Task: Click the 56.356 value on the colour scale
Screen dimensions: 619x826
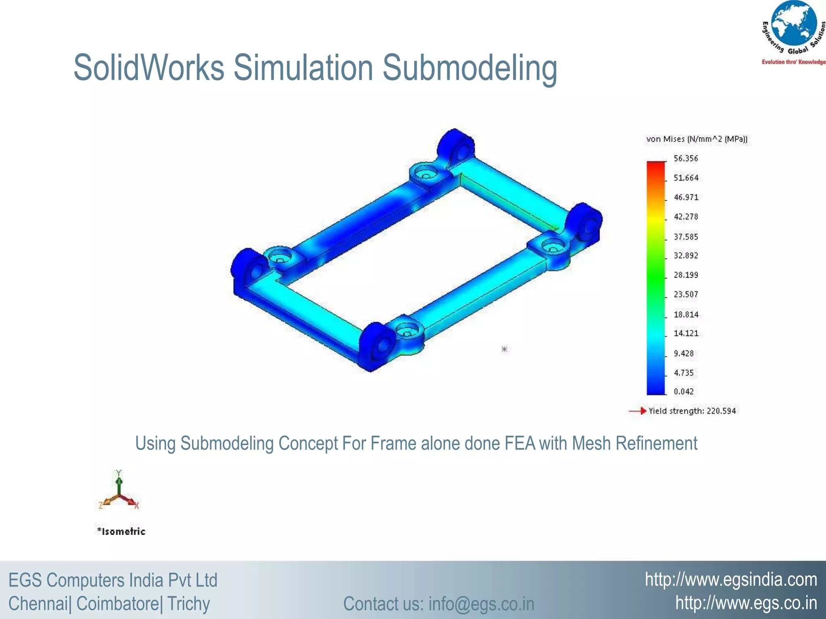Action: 686,158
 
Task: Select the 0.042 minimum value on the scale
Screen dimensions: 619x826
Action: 684,391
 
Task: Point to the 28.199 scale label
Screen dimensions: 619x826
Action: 686,275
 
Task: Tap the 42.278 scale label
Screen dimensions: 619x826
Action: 686,217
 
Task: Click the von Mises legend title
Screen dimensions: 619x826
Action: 697,139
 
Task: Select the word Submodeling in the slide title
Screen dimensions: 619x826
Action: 469,68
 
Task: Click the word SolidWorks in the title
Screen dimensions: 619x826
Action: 148,68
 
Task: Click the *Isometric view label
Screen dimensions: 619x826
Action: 121,531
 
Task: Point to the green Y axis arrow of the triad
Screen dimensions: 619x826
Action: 119,482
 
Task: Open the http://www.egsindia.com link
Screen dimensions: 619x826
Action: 731,580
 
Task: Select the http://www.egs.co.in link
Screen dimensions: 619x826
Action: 746,603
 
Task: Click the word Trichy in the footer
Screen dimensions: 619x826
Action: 188,604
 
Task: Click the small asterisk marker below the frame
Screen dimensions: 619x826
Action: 504,349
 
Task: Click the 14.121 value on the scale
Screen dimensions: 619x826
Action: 686,333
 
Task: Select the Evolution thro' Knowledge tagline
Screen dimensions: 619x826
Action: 793,62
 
